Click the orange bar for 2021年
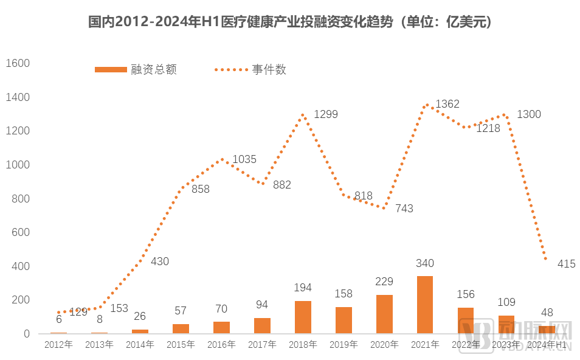425,305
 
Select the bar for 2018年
303,317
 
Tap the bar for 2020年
384,314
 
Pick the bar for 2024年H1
547,330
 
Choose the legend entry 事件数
250,69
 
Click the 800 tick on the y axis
20,199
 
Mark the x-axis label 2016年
221,345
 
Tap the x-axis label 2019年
344,345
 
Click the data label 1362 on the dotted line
447,104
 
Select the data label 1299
326,114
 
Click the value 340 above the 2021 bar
425,263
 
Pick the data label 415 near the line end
565,264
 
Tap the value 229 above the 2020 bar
384,282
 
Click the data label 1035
244,159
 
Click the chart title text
290,22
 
